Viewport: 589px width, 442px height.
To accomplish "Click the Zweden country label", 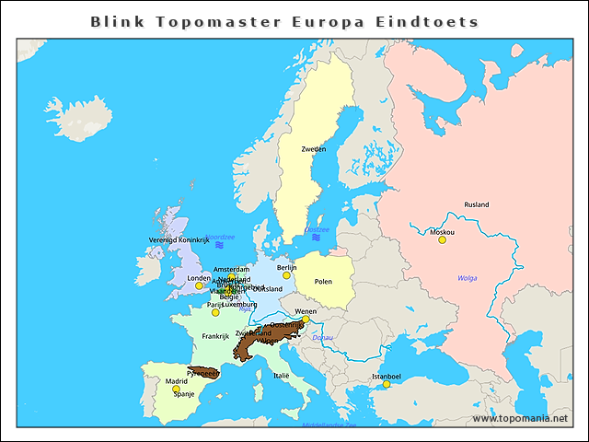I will pos(313,148).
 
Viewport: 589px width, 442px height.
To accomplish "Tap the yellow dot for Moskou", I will pos(442,240).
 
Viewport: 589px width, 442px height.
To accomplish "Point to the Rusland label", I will pos(477,204).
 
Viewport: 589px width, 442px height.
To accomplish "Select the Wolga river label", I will pos(468,278).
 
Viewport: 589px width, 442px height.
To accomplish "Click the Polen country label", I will pos(323,281).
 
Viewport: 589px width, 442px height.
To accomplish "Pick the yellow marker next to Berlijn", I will pos(286,275).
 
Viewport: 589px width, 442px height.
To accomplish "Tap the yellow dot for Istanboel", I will pos(387,384).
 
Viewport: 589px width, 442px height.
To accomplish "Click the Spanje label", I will pos(184,394).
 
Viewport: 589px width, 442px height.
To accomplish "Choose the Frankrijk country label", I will pos(214,336).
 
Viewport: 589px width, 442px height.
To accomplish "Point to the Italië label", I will pos(282,376).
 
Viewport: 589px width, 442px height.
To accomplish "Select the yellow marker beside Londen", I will pos(199,285).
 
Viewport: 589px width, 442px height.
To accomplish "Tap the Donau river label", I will pos(322,339).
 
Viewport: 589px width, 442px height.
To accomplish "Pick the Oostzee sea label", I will pos(317,229).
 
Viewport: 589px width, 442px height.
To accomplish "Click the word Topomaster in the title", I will pos(197,20).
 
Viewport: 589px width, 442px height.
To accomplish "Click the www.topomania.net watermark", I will pos(520,418).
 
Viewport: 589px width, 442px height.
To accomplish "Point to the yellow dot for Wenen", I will pos(306,320).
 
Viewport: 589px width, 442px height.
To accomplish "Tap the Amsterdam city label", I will pos(231,270).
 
